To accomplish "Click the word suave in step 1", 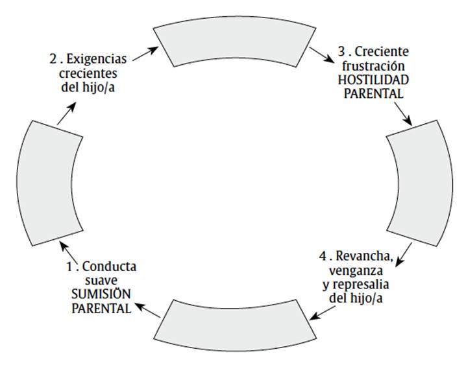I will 100,280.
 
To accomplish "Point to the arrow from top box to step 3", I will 319,54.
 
